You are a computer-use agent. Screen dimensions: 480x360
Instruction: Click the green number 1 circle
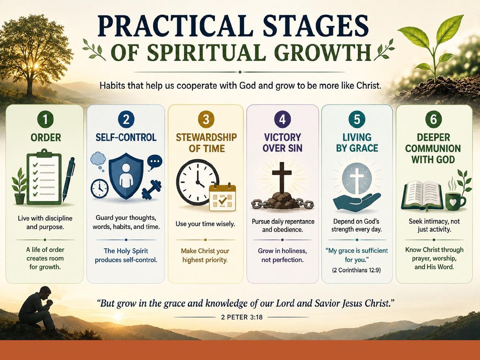tap(45, 120)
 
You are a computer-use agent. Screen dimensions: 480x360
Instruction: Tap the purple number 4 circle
tap(282, 120)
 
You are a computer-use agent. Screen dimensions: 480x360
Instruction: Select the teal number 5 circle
tap(357, 120)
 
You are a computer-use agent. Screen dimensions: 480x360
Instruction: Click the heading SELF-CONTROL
tap(126, 137)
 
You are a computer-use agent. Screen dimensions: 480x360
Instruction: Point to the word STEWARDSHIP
tap(206, 137)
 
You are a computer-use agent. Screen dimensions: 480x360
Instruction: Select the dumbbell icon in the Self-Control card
tap(151, 190)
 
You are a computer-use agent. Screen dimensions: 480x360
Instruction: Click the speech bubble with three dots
tap(155, 162)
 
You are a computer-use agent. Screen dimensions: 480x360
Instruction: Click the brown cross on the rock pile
tap(282, 177)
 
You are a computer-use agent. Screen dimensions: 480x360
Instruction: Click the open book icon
tap(422, 196)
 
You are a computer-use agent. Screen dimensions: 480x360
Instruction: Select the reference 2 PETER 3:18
tap(242, 317)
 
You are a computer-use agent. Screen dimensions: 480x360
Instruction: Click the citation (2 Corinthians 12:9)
tap(356, 270)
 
